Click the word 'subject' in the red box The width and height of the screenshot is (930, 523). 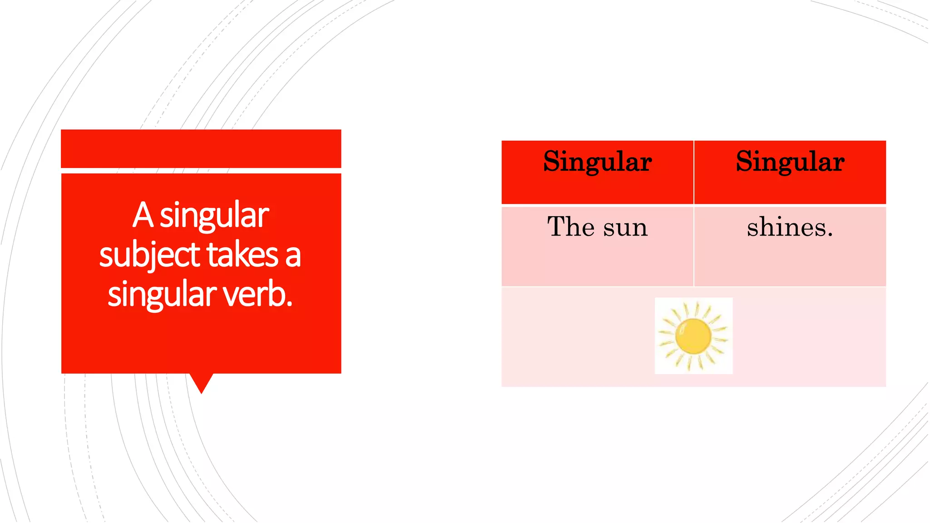(150, 255)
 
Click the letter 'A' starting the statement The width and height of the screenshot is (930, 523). (143, 215)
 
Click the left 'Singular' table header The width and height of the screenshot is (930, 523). (597, 162)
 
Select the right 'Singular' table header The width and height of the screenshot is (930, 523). (790, 162)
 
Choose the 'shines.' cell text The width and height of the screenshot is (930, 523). (790, 227)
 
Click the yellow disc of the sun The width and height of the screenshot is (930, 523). (693, 336)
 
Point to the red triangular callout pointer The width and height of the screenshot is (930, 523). (201, 382)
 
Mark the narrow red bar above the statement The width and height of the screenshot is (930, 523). (201, 148)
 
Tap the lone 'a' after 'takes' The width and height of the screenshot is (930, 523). (293, 256)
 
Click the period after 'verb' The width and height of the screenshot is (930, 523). (289, 305)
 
